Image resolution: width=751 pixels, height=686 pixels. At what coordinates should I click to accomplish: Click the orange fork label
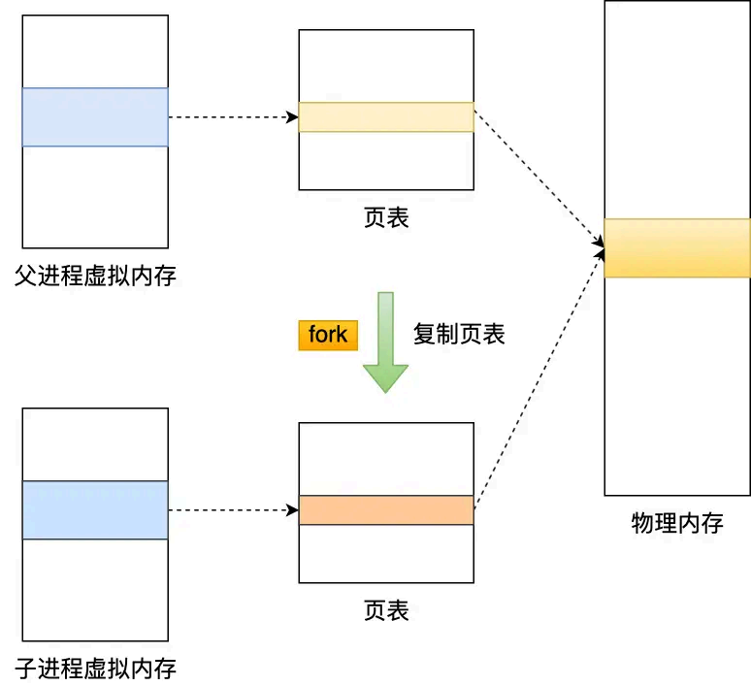(x=328, y=336)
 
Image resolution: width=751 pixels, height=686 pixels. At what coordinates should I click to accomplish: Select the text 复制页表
(x=459, y=335)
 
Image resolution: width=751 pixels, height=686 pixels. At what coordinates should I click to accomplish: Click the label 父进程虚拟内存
(x=95, y=276)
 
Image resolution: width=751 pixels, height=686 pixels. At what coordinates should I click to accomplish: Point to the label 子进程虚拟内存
(x=95, y=669)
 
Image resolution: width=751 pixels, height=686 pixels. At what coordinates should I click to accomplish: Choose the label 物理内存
(x=677, y=524)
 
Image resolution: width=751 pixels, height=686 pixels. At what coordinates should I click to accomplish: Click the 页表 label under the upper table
(x=386, y=217)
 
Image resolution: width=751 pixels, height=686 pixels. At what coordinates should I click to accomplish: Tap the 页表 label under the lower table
(x=386, y=610)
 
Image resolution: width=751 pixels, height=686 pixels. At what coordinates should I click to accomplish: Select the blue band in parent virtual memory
(x=95, y=117)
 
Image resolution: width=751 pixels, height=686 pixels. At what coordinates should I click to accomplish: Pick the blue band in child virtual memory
(x=95, y=510)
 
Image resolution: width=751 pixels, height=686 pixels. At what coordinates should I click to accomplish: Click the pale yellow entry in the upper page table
(x=386, y=117)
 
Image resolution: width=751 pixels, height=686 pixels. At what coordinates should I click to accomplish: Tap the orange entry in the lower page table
(x=386, y=510)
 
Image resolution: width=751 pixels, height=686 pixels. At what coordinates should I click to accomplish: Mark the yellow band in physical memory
(x=677, y=248)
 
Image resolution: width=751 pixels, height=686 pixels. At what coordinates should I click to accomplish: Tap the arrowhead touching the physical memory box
(x=598, y=250)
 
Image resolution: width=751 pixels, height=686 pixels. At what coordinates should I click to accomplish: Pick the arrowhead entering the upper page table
(x=293, y=117)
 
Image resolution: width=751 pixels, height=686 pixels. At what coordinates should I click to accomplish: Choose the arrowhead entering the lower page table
(x=293, y=510)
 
